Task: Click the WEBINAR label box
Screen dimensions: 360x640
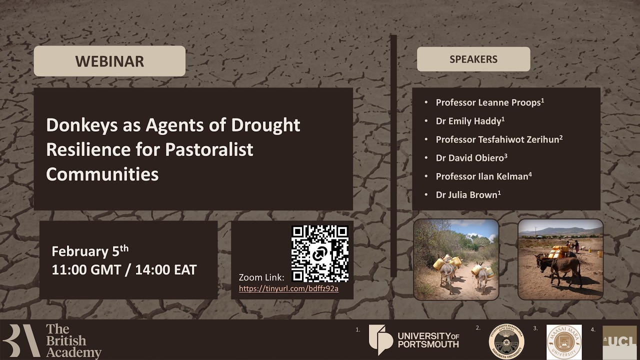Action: (x=109, y=61)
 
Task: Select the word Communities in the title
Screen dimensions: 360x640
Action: (x=102, y=174)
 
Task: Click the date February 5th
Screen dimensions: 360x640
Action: (x=90, y=250)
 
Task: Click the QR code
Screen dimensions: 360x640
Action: (x=320, y=253)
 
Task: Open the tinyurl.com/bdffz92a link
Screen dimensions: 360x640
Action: (x=288, y=289)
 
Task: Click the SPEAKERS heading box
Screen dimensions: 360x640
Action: (x=473, y=59)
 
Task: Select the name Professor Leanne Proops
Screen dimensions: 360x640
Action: (x=489, y=102)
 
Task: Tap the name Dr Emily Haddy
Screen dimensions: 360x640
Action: (x=469, y=121)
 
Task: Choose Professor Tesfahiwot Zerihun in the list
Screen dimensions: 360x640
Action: (x=498, y=139)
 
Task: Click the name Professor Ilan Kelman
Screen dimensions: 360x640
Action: (x=482, y=176)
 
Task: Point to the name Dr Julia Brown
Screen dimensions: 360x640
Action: (x=467, y=195)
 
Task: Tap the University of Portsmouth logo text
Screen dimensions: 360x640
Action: (x=428, y=340)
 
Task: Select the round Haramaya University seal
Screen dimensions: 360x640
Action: (x=506, y=341)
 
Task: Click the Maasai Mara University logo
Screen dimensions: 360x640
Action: (x=563, y=342)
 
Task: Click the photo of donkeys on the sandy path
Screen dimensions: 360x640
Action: (x=456, y=259)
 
